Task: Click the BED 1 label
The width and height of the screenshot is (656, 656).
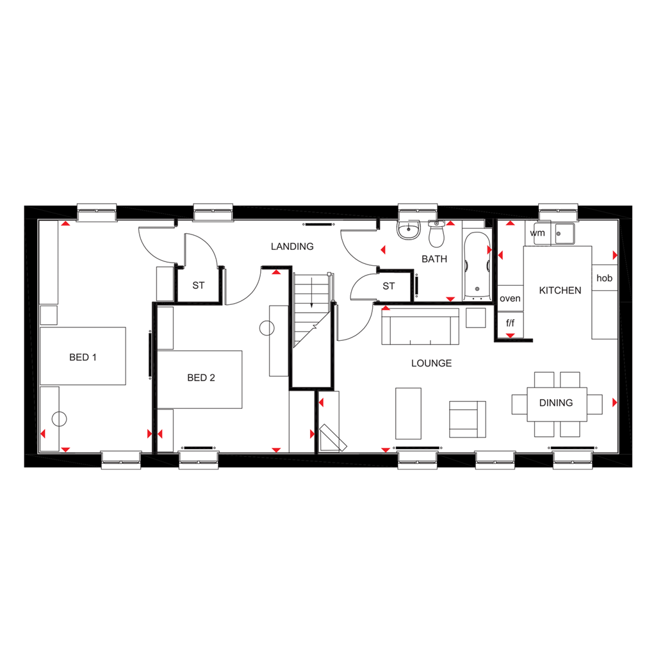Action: coord(83,357)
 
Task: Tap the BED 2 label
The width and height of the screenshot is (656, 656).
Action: coord(201,378)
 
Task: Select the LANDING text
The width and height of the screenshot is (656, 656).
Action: coord(292,247)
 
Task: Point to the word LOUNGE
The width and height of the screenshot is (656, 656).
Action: coord(431,363)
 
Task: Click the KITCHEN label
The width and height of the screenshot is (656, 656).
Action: coord(560,290)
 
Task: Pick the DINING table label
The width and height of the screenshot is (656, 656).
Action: coord(555,403)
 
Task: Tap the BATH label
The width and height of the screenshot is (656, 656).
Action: coord(434,259)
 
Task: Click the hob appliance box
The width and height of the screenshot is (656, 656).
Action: coord(604,278)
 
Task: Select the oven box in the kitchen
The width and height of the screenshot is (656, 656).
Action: coord(510,299)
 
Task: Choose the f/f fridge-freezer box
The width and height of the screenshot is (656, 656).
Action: coord(510,323)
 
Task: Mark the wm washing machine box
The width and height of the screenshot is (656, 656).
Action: coord(537,233)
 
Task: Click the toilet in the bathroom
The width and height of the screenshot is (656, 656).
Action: coord(437,235)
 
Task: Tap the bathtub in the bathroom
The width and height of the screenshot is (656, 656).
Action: coord(475,266)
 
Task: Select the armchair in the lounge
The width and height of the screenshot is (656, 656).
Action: coord(467,419)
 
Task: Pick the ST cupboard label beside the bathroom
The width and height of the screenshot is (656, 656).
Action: coord(389,286)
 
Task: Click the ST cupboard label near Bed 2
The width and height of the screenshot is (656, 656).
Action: coord(199,285)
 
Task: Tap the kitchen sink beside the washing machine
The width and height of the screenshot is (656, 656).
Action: coord(564,233)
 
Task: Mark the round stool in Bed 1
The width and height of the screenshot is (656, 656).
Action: coord(59,420)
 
